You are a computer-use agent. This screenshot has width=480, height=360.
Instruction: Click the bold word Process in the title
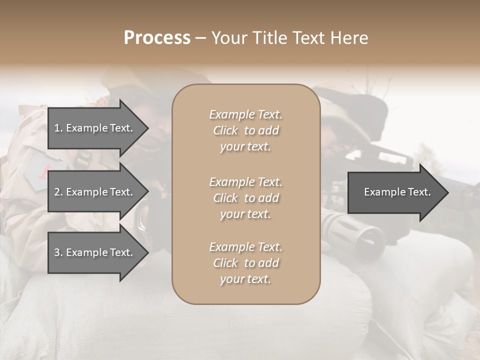tap(157, 37)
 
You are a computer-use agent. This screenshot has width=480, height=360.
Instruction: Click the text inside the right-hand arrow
tap(397, 192)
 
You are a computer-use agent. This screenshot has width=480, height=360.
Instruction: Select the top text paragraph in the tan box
tap(245, 130)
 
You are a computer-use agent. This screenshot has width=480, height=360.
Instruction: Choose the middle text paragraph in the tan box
tap(245, 197)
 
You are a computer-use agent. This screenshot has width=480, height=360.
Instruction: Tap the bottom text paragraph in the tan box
tap(245, 263)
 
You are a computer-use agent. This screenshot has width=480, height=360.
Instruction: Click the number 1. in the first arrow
tap(58, 128)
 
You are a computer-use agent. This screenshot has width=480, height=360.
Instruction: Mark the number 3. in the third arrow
tap(58, 252)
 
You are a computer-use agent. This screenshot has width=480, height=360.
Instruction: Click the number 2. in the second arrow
tap(58, 192)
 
